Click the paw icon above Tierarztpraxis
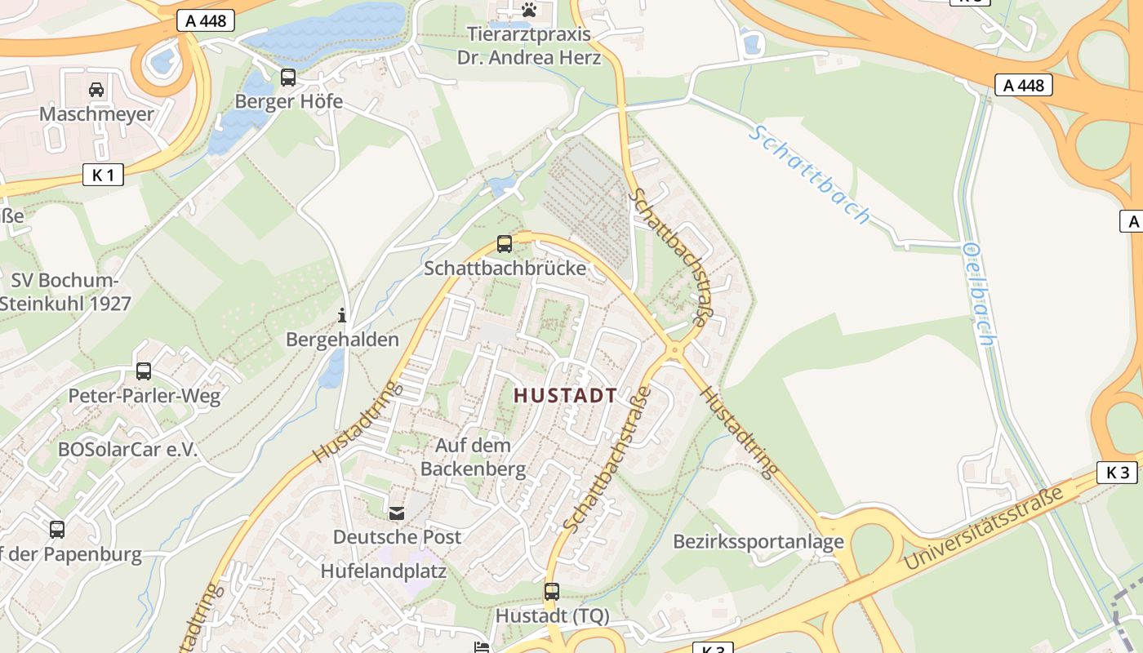pyautogui.click(x=529, y=10)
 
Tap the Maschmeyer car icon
pyautogui.click(x=96, y=89)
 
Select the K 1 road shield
pyautogui.click(x=103, y=174)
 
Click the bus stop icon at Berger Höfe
pyautogui.click(x=288, y=78)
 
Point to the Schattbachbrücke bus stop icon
pyautogui.click(x=505, y=243)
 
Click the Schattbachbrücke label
pyautogui.click(x=505, y=268)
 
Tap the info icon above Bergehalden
pyautogui.click(x=342, y=315)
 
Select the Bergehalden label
pyautogui.click(x=342, y=340)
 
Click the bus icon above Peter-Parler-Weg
pyautogui.click(x=144, y=371)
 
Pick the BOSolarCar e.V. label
pyautogui.click(x=128, y=450)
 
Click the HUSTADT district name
pyautogui.click(x=565, y=396)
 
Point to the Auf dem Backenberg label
pyautogui.click(x=473, y=457)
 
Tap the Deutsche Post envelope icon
pyautogui.click(x=397, y=513)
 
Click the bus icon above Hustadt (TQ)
pyautogui.click(x=552, y=591)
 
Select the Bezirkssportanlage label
pyautogui.click(x=758, y=542)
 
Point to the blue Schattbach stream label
pyautogui.click(x=809, y=174)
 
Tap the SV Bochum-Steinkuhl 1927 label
pyautogui.click(x=65, y=292)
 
